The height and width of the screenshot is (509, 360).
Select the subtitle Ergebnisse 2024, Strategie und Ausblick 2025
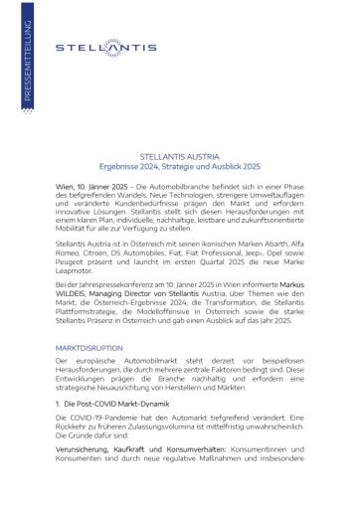tap(179, 166)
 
